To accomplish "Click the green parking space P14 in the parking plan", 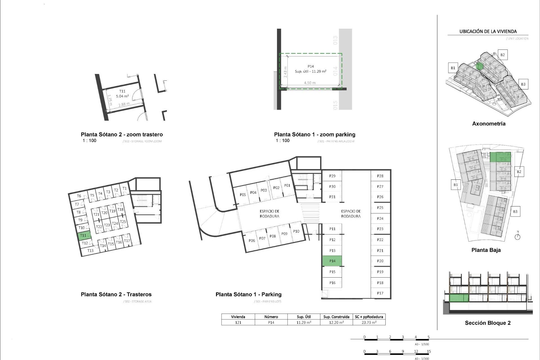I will point(332,261).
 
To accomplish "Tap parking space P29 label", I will point(332,176).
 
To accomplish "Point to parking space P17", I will point(380,293).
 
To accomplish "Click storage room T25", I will point(123,222).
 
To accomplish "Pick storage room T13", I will point(90,251).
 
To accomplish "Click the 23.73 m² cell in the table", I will point(369,323).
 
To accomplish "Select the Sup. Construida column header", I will point(336,317).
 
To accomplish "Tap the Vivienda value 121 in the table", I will point(238,323).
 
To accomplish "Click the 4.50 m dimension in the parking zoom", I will point(309,83).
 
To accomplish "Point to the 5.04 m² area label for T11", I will point(122,96).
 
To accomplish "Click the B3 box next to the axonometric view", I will point(523,84).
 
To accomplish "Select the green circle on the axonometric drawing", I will point(480,66).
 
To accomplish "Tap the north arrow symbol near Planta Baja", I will point(517,237).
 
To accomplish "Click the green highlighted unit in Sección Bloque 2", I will point(459,298).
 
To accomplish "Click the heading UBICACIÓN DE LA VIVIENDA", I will point(488,31).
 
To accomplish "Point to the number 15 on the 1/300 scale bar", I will point(429,351).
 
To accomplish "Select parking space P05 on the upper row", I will point(243,195).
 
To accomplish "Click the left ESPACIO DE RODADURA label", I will point(269,214).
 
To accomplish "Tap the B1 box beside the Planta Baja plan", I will point(456,185).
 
